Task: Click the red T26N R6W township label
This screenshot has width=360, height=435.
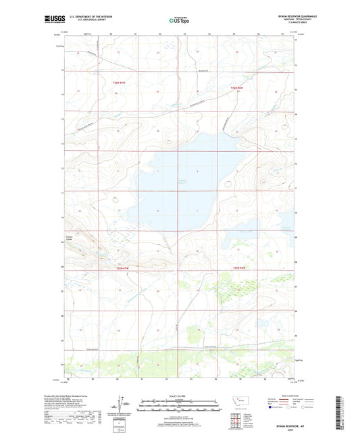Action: [235, 88]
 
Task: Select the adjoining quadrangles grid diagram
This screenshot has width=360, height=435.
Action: [240, 419]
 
